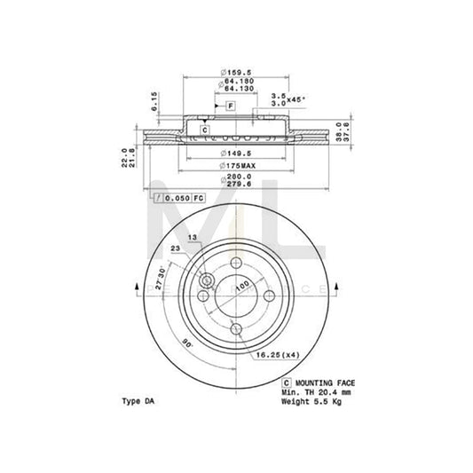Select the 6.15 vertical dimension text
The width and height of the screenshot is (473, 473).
tap(154, 98)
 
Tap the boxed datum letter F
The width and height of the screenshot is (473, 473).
tap(229, 106)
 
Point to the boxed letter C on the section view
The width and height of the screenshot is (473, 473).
tap(204, 130)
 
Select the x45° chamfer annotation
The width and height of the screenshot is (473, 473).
tap(287, 98)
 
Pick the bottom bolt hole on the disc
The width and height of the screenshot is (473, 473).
tap(236, 329)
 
